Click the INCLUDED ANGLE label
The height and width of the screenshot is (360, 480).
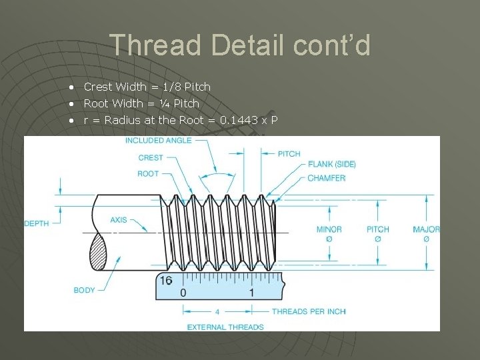pos(158,141)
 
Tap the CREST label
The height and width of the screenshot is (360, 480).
pos(150,158)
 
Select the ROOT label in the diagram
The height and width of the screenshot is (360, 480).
pos(148,173)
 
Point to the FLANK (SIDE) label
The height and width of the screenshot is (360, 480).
pos(331,164)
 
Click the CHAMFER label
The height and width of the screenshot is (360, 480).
pos(326,178)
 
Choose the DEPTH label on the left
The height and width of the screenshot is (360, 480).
pos(37,223)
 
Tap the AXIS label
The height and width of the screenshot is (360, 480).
pos(119,219)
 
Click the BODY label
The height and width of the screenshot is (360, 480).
pos(85,290)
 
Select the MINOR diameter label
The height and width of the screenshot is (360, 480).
pos(329,229)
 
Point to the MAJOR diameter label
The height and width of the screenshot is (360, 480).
pos(426,229)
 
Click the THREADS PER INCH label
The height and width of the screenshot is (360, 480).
pos(309,311)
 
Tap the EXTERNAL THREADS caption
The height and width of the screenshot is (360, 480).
pos(225,327)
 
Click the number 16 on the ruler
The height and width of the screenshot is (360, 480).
pos(166,281)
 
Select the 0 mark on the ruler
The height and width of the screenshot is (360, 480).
pos(183,293)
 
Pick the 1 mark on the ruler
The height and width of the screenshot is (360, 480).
pos(251,293)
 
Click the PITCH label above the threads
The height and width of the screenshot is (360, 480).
pos(289,153)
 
